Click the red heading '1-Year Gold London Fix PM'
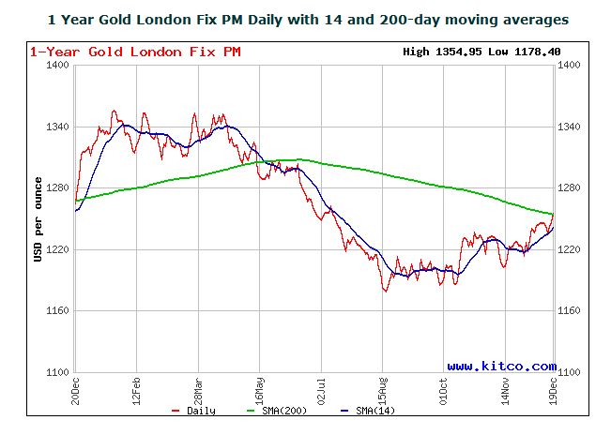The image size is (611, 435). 134,52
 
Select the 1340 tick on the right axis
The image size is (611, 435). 572,127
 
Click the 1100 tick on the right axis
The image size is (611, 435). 572,372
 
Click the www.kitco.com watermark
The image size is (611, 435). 501,366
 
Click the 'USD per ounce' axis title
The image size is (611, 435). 38,218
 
